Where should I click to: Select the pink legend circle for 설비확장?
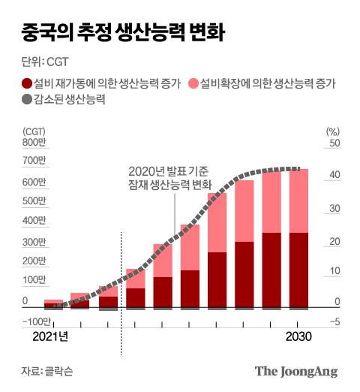click(x=193, y=83)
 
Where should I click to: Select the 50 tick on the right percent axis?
click(x=335, y=143)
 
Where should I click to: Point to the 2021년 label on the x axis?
click(x=50, y=337)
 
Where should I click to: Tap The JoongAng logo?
click(x=296, y=371)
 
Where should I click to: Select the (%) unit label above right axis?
click(x=333, y=131)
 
